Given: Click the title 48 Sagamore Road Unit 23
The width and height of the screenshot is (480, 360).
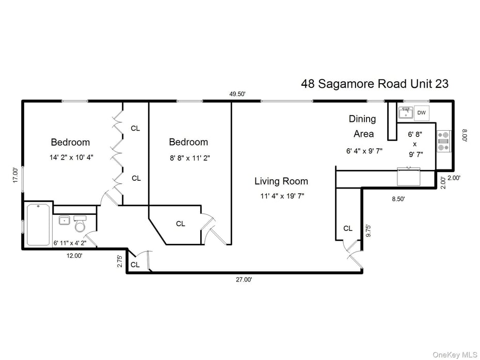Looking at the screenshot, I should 375,84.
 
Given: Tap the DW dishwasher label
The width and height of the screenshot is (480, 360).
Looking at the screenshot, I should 421,113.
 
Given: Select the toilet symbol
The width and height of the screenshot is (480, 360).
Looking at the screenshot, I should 80,223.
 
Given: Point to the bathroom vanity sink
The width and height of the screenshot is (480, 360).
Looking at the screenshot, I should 65,221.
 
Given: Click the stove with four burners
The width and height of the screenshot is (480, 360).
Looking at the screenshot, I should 443,141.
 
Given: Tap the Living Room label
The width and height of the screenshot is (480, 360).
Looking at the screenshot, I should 281,181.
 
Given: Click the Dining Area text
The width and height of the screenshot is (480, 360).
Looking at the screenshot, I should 363,126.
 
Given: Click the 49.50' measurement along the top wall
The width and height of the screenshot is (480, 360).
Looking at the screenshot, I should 237,94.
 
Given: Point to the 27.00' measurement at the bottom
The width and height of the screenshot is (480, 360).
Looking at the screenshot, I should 244,279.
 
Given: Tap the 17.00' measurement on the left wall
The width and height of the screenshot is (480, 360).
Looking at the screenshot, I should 16,175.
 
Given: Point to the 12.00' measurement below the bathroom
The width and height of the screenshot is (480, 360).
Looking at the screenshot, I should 73,255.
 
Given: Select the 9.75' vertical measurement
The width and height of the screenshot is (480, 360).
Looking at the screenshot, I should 368,230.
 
